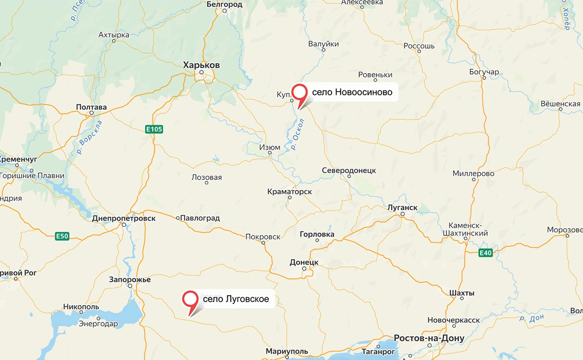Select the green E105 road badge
click(x=154, y=129)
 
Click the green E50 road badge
click(x=62, y=237)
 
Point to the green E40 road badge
click(x=486, y=253)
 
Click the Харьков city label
click(x=202, y=65)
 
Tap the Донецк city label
click(x=304, y=262)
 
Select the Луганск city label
click(x=403, y=207)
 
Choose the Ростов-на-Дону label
click(x=429, y=338)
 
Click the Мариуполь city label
click(x=287, y=352)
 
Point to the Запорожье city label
click(x=130, y=280)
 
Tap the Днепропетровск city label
click(x=124, y=218)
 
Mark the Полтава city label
click(x=91, y=107)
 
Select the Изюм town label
click(x=270, y=147)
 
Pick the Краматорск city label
click(x=290, y=191)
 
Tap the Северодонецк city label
click(x=349, y=170)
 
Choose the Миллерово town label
click(x=473, y=174)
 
